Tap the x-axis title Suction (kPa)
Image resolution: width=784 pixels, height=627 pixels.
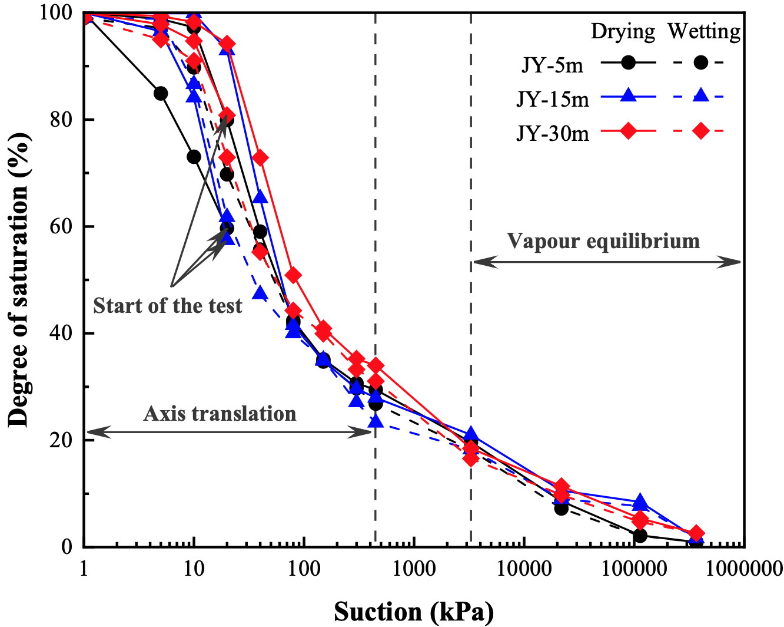[x=413, y=612]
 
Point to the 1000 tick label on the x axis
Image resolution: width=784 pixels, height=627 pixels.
[x=414, y=569]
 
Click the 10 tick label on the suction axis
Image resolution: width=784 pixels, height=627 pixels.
[x=194, y=569]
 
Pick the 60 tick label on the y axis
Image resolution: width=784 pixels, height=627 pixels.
[x=59, y=227]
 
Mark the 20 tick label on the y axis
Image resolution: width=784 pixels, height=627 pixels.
[x=59, y=440]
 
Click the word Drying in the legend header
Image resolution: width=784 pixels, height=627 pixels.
[x=623, y=31]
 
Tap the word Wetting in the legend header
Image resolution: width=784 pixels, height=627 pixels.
[x=704, y=31]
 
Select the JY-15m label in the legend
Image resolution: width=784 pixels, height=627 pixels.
[x=553, y=99]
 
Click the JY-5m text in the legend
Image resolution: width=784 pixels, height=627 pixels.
[x=553, y=65]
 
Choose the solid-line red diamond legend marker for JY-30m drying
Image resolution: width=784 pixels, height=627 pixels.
[x=629, y=131]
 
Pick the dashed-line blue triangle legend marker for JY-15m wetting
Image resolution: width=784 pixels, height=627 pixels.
[x=700, y=95]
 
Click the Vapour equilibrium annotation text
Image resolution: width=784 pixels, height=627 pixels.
[x=603, y=241]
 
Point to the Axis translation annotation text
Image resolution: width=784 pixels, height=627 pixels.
[x=220, y=414]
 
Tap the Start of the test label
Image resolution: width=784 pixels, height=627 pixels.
[x=168, y=306]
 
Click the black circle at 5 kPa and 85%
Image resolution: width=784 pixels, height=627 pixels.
[x=161, y=94]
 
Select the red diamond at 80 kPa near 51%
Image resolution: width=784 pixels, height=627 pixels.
[x=293, y=275]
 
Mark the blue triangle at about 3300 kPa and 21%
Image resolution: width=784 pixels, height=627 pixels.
[x=470, y=435]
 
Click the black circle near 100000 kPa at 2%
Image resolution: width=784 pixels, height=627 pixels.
[x=640, y=536]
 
